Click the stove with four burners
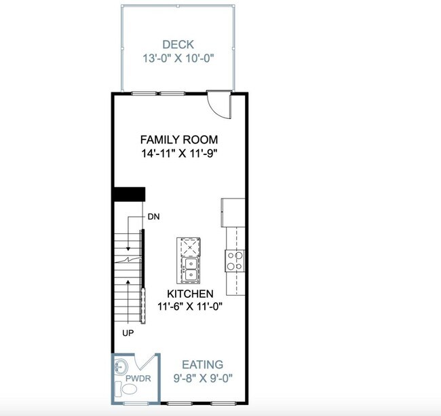(235, 260)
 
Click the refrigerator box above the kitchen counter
(232, 211)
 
